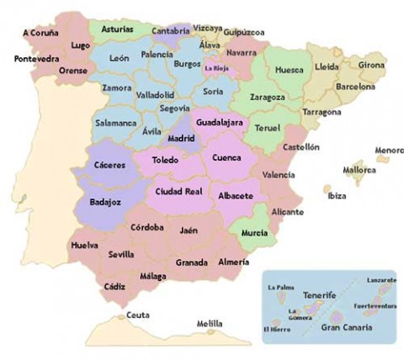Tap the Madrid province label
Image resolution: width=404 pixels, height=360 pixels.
click(x=181, y=138)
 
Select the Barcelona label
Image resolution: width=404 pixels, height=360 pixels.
click(x=355, y=86)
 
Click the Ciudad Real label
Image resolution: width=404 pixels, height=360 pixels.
click(x=178, y=191)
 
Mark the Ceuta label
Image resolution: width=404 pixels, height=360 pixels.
click(x=137, y=315)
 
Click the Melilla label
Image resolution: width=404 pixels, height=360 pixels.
click(x=210, y=323)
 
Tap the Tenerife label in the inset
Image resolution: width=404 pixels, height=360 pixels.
click(x=320, y=296)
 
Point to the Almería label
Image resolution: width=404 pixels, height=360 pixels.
click(x=233, y=262)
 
